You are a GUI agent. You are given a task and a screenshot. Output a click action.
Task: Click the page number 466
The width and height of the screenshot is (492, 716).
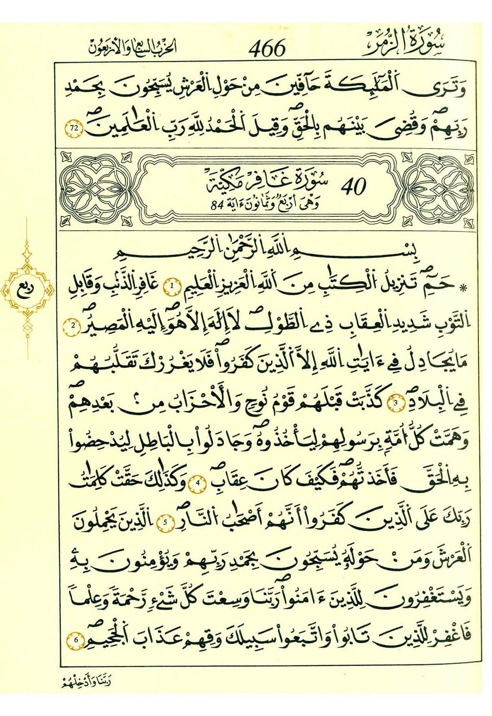pyautogui.click(x=267, y=48)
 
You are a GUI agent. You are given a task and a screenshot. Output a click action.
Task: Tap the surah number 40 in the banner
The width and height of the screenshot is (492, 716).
pyautogui.click(x=353, y=187)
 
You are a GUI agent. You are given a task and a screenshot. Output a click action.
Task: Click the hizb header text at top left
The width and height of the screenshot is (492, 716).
pyautogui.click(x=132, y=47)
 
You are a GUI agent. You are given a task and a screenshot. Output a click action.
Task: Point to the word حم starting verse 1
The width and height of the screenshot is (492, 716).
pyautogui.click(x=439, y=288)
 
